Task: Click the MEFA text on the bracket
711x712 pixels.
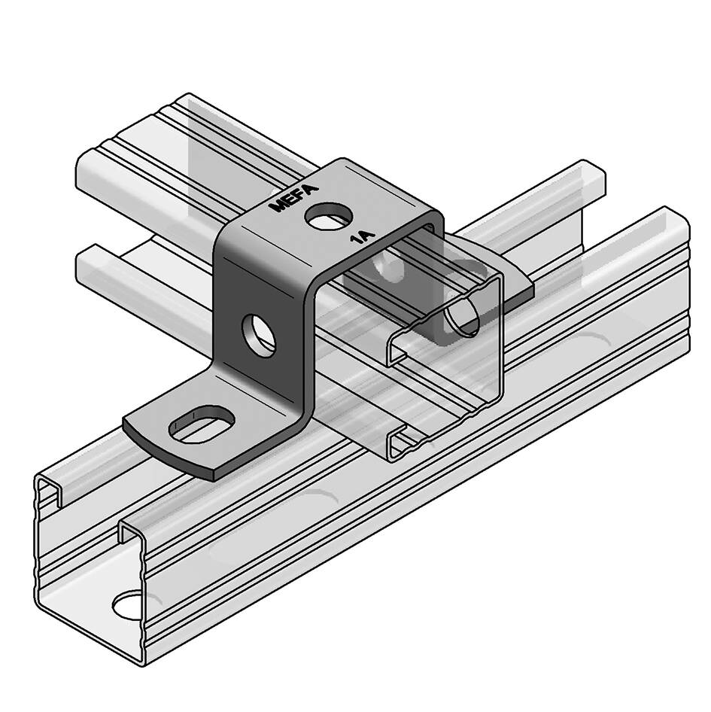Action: (x=293, y=198)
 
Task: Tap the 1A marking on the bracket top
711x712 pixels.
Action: (x=363, y=237)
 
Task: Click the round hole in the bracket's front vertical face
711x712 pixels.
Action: (x=259, y=335)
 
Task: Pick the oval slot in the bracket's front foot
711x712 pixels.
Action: (x=202, y=424)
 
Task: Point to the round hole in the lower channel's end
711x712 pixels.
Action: (x=129, y=605)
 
